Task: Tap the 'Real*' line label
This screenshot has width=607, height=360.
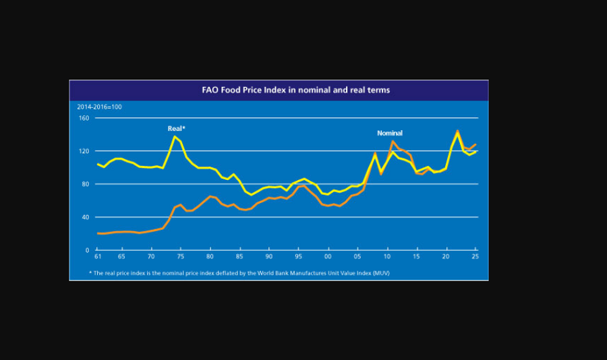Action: [x=177, y=128]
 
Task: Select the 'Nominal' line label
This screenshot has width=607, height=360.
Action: [x=390, y=133]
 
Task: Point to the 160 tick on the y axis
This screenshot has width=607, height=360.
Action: [x=84, y=118]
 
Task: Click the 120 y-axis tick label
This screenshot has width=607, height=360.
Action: [x=84, y=151]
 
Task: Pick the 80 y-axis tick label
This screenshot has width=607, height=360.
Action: [x=85, y=184]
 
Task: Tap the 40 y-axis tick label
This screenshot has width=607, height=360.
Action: [x=85, y=217]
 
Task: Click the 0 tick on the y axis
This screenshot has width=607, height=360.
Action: [x=87, y=250]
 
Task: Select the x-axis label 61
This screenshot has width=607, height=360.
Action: [x=98, y=258]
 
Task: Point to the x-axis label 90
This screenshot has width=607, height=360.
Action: [x=269, y=258]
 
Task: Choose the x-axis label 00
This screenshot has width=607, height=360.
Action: [x=328, y=258]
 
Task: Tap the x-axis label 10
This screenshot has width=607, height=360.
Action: [x=387, y=258]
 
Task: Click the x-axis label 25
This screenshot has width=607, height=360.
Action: [x=475, y=258]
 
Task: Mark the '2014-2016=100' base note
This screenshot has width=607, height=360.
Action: [x=99, y=107]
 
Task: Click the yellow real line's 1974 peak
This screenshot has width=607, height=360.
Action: [x=175, y=137]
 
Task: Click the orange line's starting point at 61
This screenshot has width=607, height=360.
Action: [x=98, y=233]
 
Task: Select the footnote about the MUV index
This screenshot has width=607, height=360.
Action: [x=239, y=273]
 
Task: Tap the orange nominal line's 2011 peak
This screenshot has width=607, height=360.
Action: [x=393, y=142]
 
